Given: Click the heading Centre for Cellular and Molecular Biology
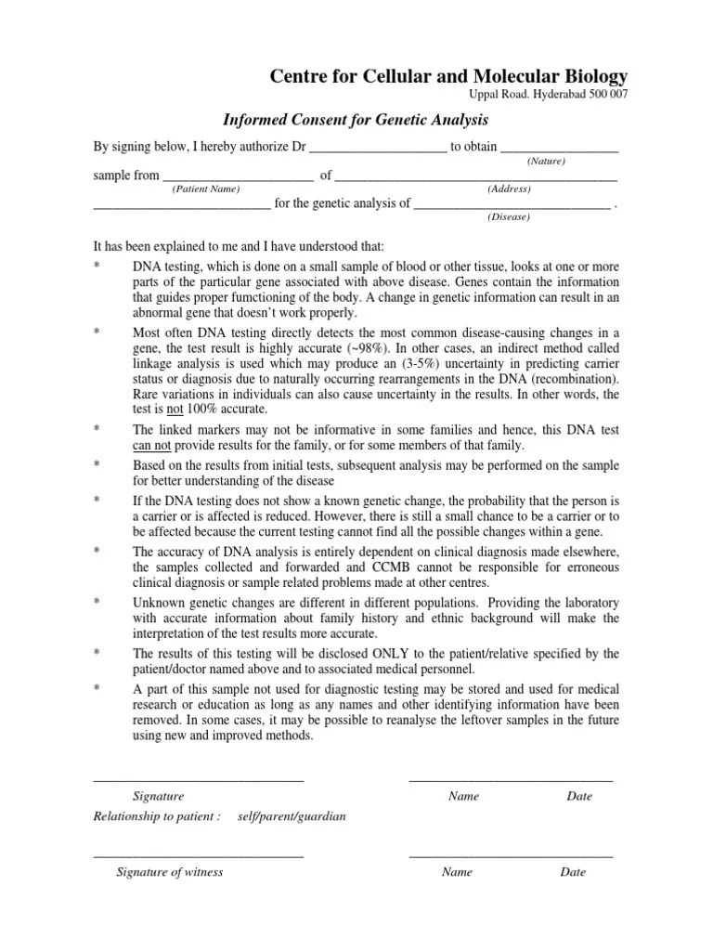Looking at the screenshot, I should click(x=448, y=76).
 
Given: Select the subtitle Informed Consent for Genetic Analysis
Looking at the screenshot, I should click(x=356, y=120).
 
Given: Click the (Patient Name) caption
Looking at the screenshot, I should click(x=205, y=189).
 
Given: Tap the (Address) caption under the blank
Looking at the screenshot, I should click(x=509, y=189).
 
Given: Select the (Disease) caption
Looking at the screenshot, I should click(x=508, y=217).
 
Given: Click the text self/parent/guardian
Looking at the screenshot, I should click(x=292, y=816).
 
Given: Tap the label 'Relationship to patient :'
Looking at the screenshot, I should click(x=157, y=816).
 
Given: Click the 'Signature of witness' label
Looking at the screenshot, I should click(x=169, y=872).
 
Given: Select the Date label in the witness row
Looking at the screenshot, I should click(x=573, y=872).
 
